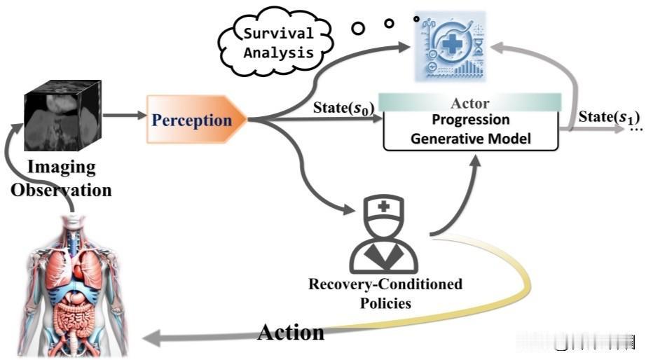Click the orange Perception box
[x=193, y=120]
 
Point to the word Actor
[x=471, y=102]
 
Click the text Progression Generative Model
[x=471, y=129]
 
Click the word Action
[x=291, y=331]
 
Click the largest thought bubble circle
[x=359, y=28]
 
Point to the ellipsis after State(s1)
[x=635, y=130]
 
